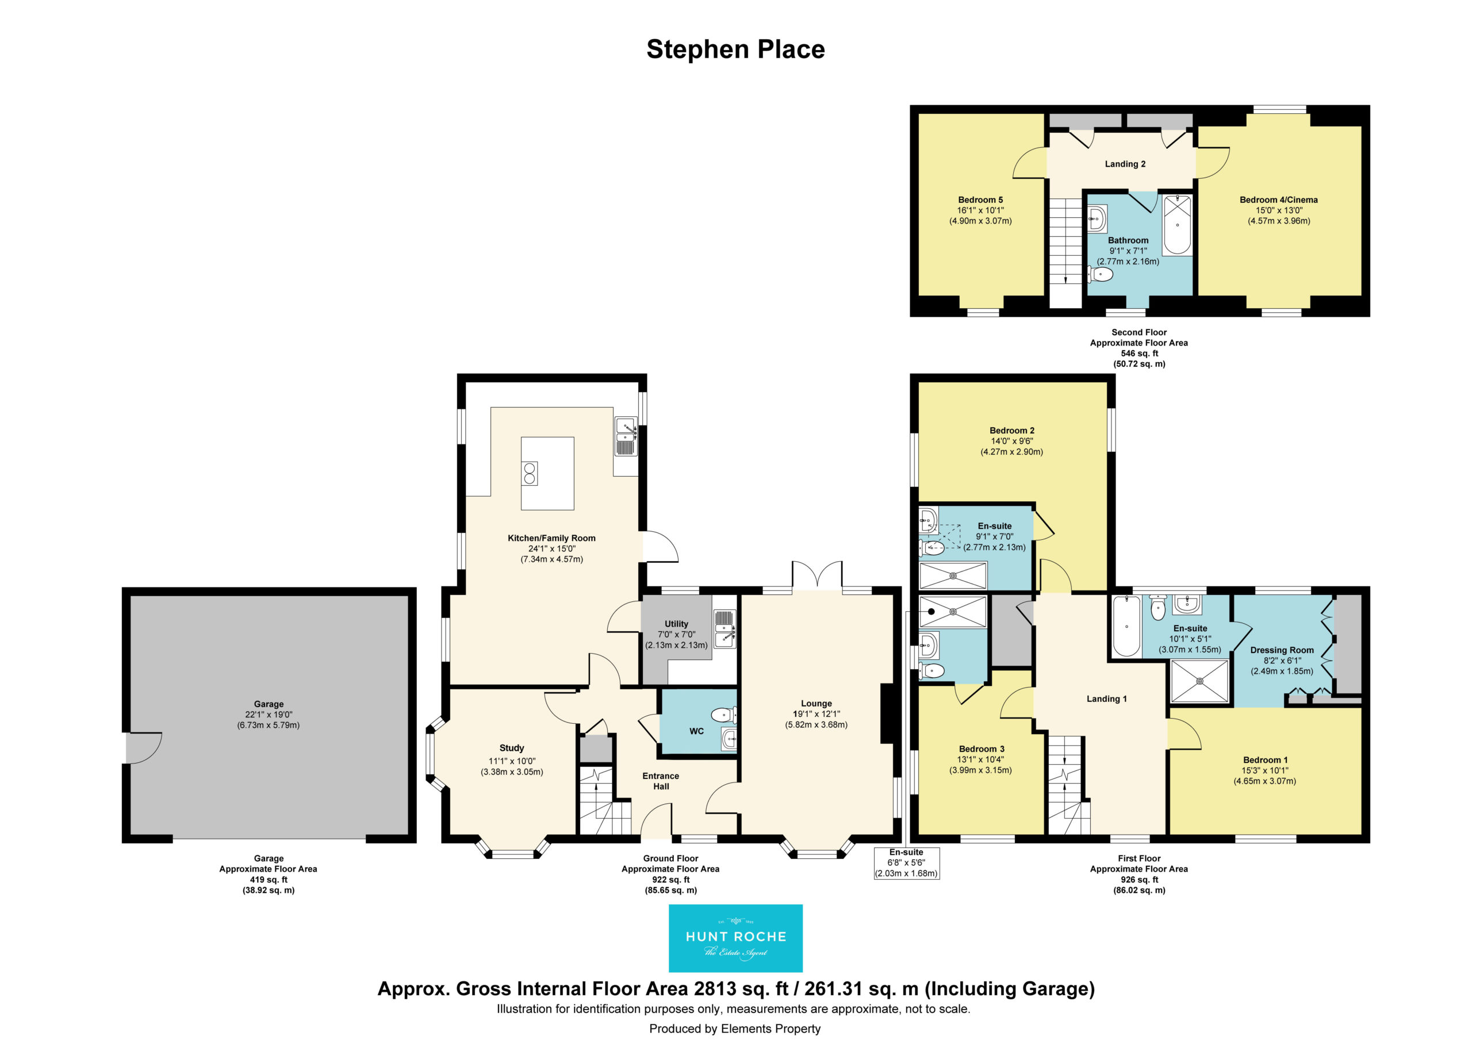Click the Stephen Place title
click(735, 49)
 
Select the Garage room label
click(268, 704)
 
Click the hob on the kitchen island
click(530, 473)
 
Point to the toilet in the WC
click(724, 714)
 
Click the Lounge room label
click(816, 703)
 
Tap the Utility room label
click(676, 624)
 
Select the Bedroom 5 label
click(980, 200)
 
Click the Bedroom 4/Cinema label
click(1278, 200)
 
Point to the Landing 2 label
click(1125, 164)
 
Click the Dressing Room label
click(1282, 650)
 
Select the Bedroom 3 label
click(981, 749)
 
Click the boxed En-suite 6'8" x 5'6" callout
click(907, 863)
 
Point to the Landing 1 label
click(1106, 699)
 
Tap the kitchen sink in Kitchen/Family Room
click(626, 436)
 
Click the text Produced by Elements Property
click(735, 1029)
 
